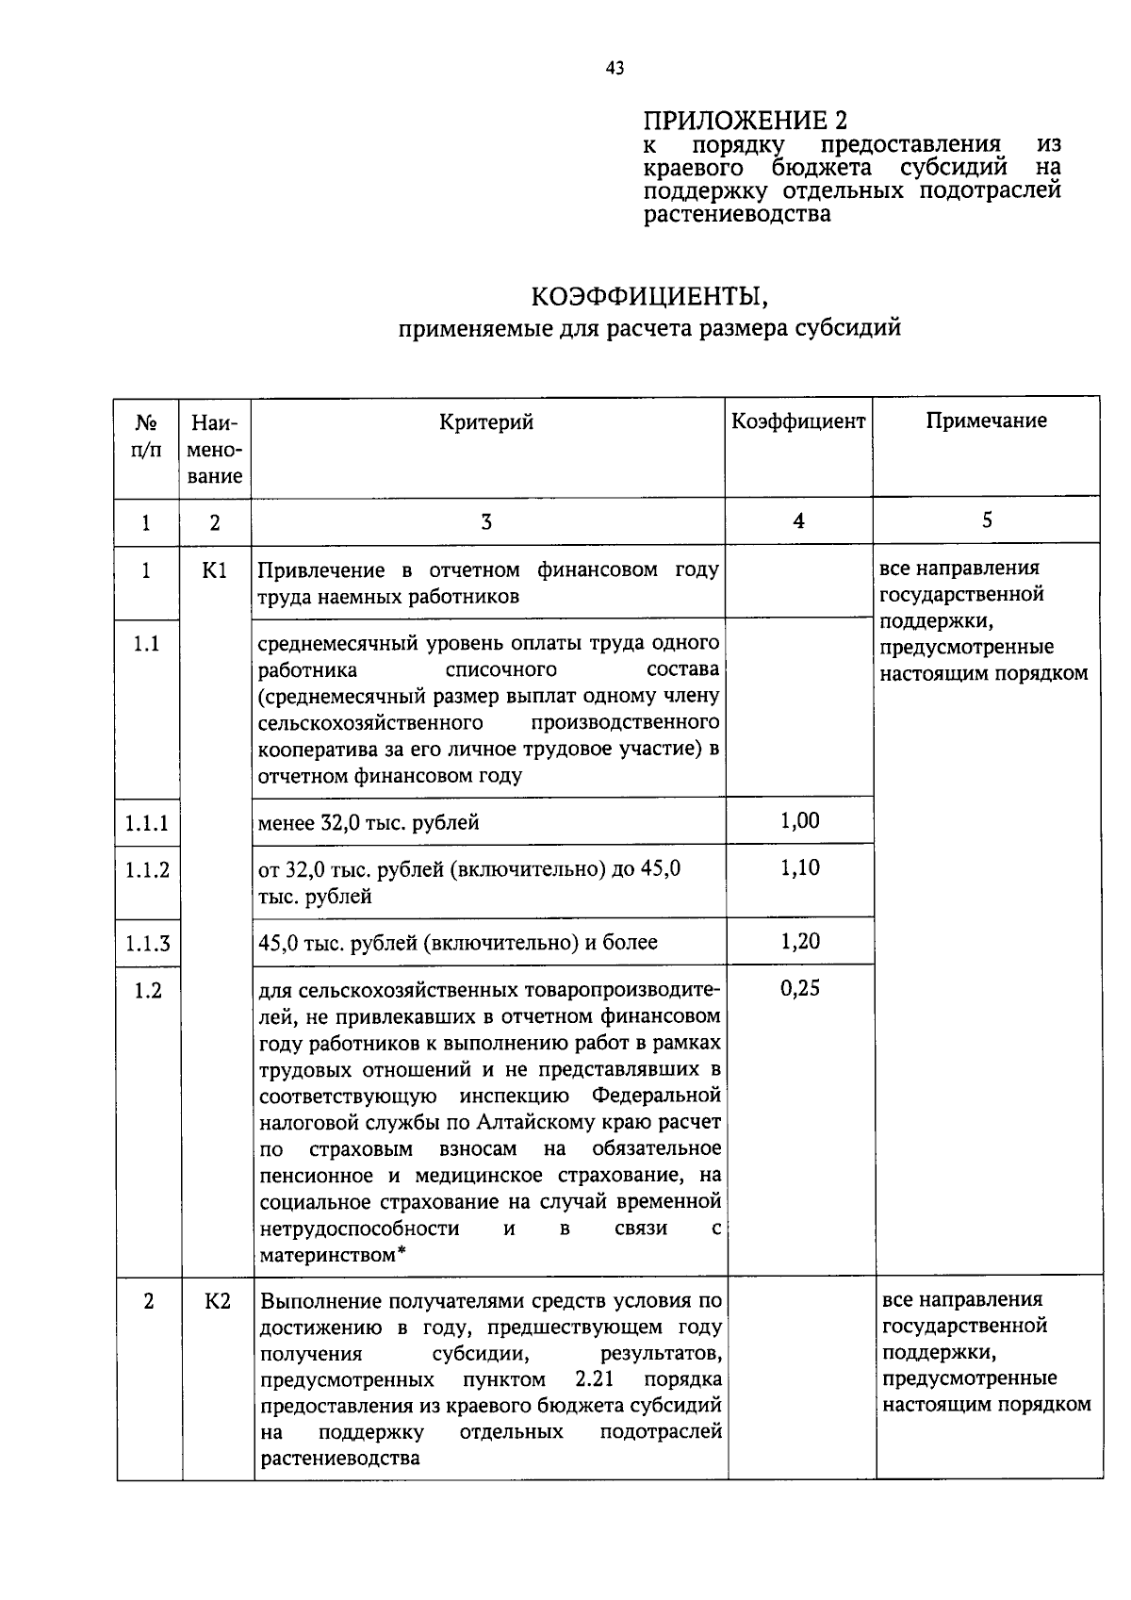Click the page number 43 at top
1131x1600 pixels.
[x=615, y=68]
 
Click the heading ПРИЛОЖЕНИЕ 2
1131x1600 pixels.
[x=745, y=121]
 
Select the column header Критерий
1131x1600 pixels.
[x=486, y=421]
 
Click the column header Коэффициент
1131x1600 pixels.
[x=798, y=421]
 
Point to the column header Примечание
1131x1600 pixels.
[x=986, y=421]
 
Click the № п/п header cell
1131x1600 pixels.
[x=146, y=435]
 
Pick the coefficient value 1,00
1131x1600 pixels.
[x=799, y=820]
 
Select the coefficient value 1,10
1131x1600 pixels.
[x=799, y=867]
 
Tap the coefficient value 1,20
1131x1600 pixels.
[x=799, y=941]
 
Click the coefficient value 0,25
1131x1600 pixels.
[x=799, y=987]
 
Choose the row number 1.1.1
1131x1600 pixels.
[x=147, y=823]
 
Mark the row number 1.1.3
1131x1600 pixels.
[x=147, y=944]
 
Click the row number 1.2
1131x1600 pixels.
[x=147, y=990]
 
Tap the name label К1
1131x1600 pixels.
[x=216, y=570]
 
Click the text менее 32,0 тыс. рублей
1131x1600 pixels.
[x=369, y=823]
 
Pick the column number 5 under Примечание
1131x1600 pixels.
[x=987, y=520]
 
